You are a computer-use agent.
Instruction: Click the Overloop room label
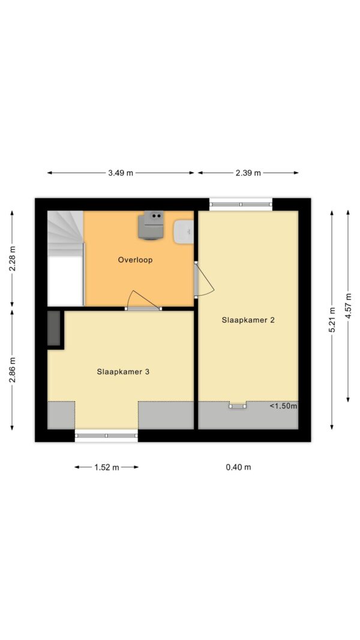135,260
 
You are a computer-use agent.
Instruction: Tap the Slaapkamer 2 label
248,320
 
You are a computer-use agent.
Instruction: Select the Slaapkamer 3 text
124,372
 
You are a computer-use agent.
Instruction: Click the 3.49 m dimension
121,173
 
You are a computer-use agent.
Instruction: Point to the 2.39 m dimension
248,173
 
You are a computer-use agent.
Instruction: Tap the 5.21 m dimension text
332,320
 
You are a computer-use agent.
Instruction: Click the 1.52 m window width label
107,467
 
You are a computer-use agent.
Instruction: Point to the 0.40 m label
238,467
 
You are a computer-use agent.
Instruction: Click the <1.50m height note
283,406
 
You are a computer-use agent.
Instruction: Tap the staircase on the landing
66,233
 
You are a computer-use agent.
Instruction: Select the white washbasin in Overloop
183,232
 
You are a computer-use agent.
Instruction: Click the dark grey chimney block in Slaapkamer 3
54,328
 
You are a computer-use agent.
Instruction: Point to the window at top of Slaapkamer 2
241,204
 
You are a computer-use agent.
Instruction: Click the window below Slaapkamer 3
107,435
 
